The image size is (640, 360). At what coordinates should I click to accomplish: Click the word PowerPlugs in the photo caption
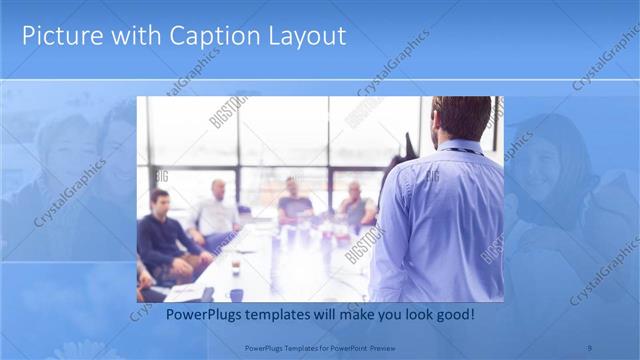click(200, 315)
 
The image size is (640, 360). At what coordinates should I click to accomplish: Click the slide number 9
click(591, 348)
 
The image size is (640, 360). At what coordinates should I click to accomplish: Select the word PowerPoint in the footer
click(346, 348)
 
